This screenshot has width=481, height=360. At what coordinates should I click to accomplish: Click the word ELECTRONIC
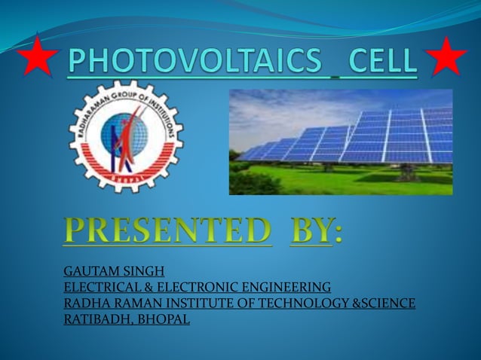[x=182, y=288]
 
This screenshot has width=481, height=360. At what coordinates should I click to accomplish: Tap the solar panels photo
[x=341, y=142]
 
